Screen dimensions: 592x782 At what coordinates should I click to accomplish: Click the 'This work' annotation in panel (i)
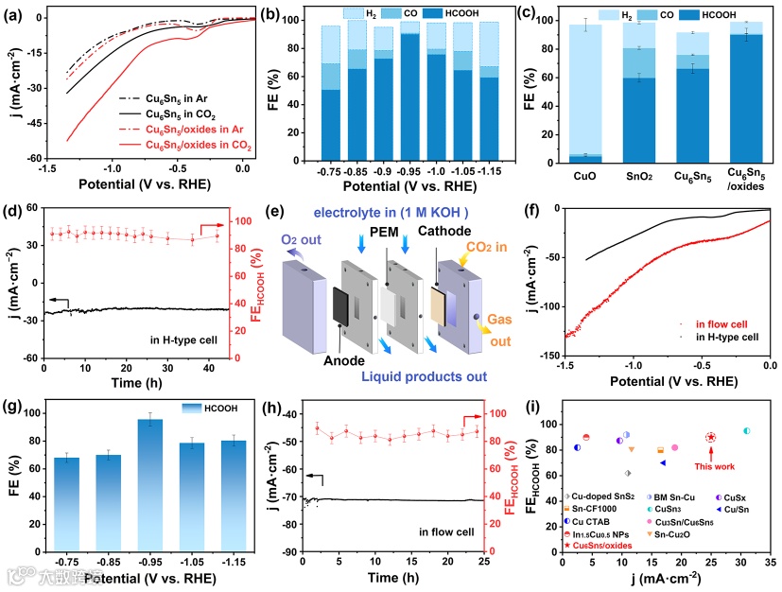pos(711,464)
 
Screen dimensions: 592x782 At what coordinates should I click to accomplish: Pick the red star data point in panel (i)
pos(710,437)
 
